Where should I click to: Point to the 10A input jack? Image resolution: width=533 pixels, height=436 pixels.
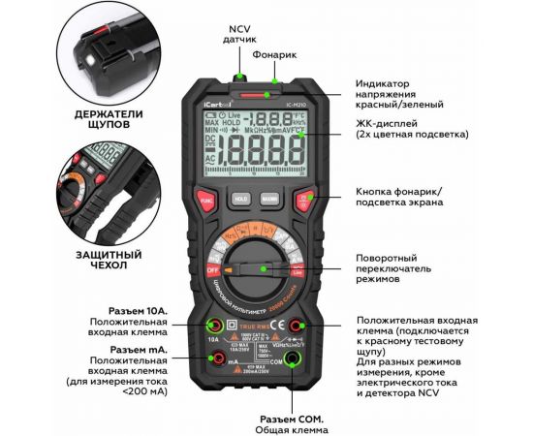[x=211, y=327]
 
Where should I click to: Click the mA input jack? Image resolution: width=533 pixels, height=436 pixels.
[x=211, y=359]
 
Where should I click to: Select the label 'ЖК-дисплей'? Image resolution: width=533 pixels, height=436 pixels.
[x=389, y=122]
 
